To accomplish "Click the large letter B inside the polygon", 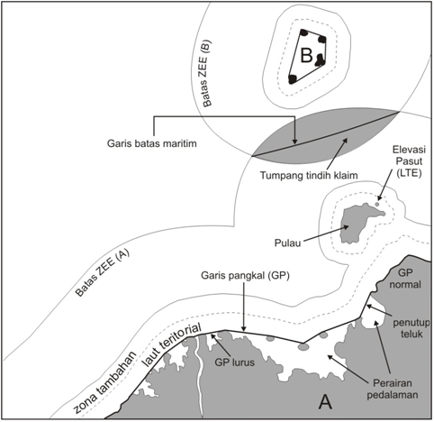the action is tap(306, 55).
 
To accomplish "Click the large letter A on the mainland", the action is tap(325, 402).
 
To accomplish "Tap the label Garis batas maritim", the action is tap(152, 143).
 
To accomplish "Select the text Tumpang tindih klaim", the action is tap(309, 175).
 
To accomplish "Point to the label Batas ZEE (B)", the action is tap(207, 73).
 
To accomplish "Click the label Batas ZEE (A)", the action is tap(103, 273).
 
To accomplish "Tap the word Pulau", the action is tap(287, 243).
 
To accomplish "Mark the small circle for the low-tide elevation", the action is tap(377, 204).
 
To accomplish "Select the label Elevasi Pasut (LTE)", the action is tap(409, 161).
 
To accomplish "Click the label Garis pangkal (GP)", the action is tap(245, 276).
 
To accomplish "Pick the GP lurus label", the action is tap(234, 362).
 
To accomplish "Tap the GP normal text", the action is tap(405, 279).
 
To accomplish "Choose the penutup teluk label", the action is tap(410, 328).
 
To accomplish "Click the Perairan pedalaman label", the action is tap(393, 389).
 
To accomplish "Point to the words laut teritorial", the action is tap(172, 344).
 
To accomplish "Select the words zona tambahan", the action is tap(104, 381).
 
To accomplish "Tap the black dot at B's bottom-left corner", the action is tap(293, 79).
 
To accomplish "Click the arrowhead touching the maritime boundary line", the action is tap(294, 142).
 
